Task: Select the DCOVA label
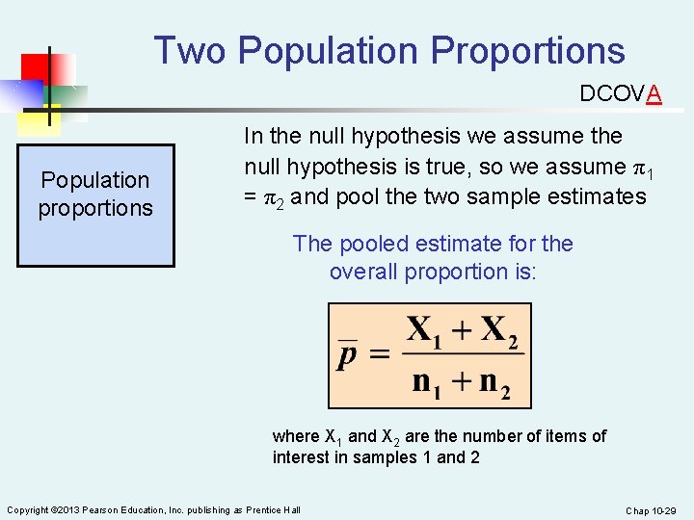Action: point(620,93)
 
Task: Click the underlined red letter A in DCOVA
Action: point(654,93)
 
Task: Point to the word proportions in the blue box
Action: point(95,208)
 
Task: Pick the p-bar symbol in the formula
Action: point(347,354)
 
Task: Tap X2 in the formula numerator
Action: point(498,331)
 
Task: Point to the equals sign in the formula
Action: point(380,354)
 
